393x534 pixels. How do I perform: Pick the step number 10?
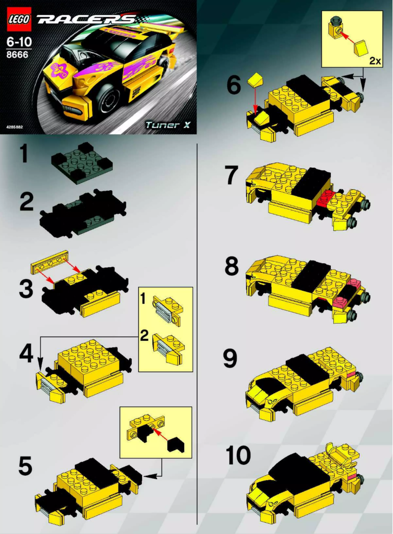tap(239, 456)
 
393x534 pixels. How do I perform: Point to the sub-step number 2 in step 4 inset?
tap(144, 336)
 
